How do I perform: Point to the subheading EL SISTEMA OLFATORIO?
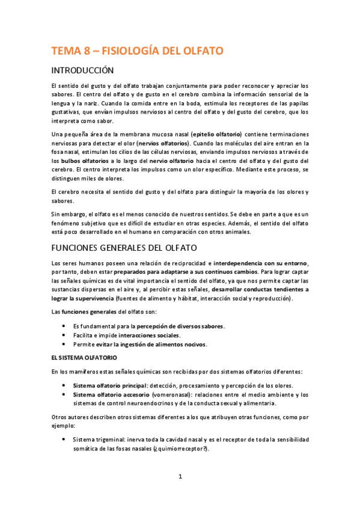[x=88, y=357]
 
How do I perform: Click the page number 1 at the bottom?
[x=180, y=477]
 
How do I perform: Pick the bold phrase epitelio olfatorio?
[x=216, y=134]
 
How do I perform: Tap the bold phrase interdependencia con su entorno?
[x=260, y=263]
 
